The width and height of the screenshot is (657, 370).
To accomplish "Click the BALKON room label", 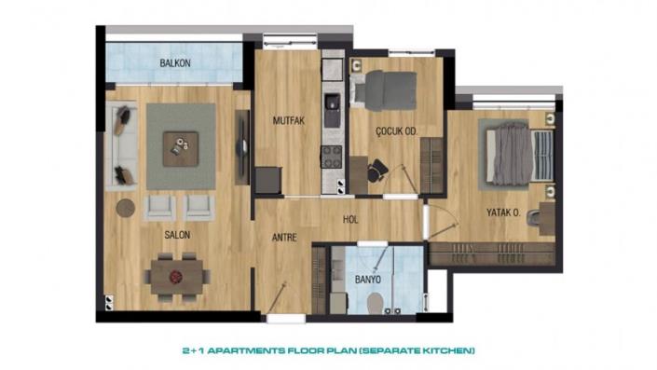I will click(x=175, y=63).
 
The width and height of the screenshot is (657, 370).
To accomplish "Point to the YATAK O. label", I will click(x=502, y=212).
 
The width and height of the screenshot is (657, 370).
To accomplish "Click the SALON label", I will click(x=177, y=235).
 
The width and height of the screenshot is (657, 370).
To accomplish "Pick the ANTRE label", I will click(x=283, y=238).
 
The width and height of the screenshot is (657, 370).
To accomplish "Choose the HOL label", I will click(x=351, y=221).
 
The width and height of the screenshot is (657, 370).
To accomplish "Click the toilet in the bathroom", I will click(x=375, y=301).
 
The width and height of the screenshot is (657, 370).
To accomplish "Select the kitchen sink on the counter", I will click(x=332, y=103).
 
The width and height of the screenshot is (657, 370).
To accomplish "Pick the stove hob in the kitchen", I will click(x=332, y=157).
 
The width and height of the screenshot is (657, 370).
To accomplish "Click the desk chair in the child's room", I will click(x=376, y=170).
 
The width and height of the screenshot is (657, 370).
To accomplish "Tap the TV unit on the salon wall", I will click(x=242, y=141).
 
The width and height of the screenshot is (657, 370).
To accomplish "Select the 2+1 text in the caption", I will click(x=192, y=350).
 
